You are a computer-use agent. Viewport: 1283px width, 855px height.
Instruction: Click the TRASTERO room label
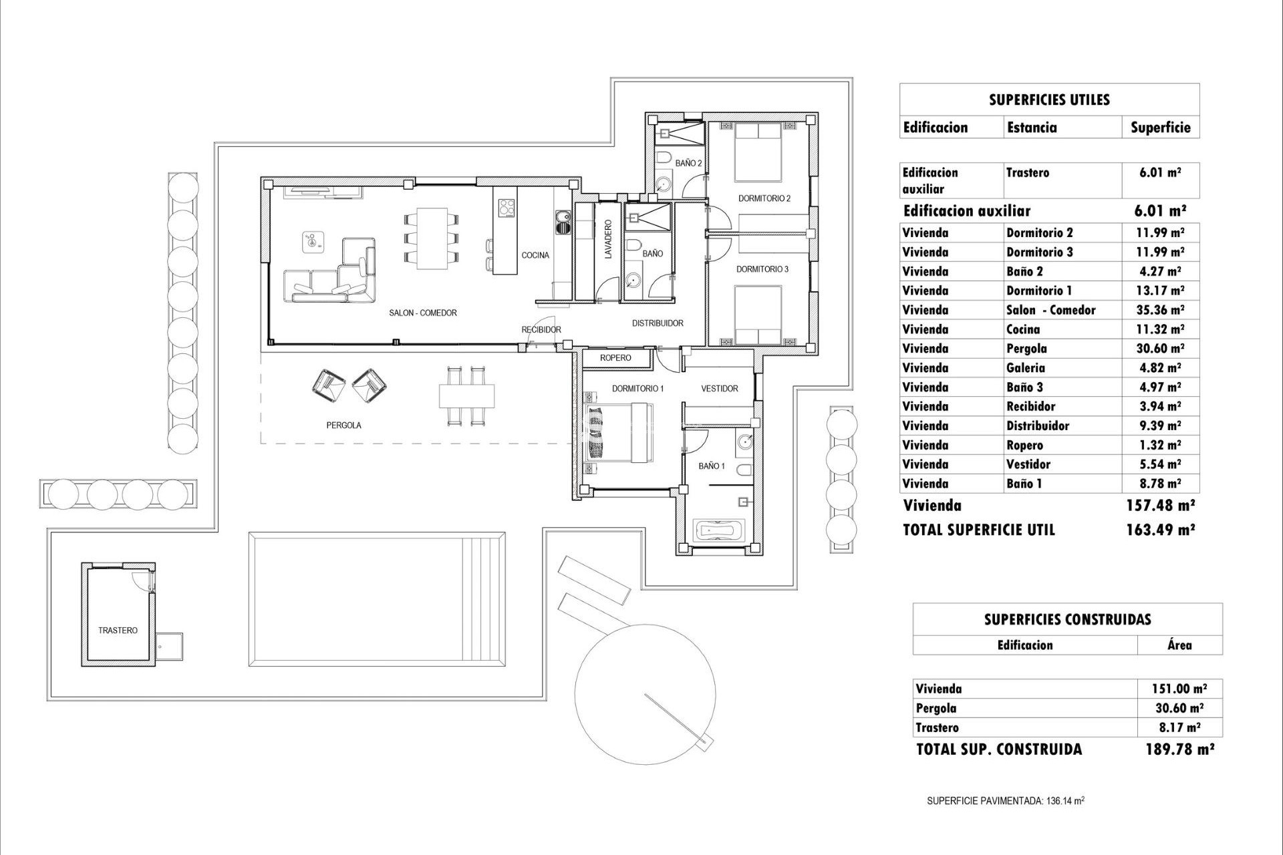coord(118,631)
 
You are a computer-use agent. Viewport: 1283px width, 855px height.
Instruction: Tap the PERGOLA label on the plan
coord(343,425)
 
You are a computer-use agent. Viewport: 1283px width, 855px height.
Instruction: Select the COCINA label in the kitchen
coord(535,255)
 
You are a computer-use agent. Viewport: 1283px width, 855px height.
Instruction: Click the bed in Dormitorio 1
coord(618,434)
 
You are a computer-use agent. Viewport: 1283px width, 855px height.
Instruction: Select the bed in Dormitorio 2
coord(758,153)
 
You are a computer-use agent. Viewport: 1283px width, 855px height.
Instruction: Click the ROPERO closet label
coord(615,358)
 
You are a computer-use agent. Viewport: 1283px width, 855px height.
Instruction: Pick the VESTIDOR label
coord(719,389)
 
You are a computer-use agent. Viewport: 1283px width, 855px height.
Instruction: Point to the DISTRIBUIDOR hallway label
coord(658,323)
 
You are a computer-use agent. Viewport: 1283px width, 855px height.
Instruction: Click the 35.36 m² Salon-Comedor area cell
coord(1160,310)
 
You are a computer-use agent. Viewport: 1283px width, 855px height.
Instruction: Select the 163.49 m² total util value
coord(1160,530)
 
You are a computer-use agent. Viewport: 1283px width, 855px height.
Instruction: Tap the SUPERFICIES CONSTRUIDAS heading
coord(1067,619)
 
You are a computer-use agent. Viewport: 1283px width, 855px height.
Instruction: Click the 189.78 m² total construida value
coord(1179,749)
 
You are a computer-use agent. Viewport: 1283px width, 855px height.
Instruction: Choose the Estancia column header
coord(1032,128)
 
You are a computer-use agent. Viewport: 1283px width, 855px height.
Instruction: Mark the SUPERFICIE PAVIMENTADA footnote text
coord(1005,801)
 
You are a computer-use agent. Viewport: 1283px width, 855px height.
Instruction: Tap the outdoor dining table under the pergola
coord(467,396)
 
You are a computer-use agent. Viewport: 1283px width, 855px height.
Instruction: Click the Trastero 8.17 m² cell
coord(1179,728)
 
